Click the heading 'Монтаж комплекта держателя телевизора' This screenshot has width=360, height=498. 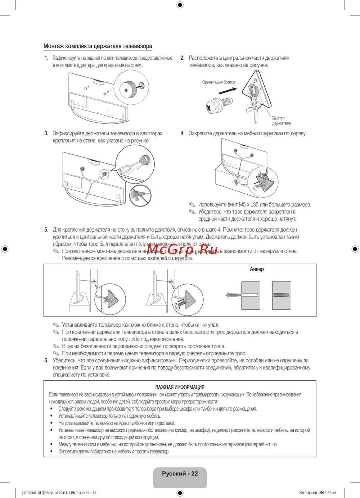(x=98, y=46)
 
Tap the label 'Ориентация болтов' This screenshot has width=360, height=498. (x=219, y=82)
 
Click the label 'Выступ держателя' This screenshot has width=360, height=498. (x=281, y=121)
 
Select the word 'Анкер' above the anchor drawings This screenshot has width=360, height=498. (x=257, y=269)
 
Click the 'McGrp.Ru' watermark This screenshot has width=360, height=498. (x=182, y=249)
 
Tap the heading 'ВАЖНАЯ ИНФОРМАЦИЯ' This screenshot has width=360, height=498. (x=180, y=387)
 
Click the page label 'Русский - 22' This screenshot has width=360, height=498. (x=180, y=474)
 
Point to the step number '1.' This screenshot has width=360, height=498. (x=46, y=58)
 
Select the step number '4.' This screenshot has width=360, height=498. (x=183, y=133)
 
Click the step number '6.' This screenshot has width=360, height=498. (x=46, y=361)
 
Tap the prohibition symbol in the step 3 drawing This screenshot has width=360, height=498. (x=140, y=196)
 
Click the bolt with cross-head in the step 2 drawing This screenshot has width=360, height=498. (x=215, y=105)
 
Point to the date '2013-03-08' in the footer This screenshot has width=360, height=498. (x=308, y=493)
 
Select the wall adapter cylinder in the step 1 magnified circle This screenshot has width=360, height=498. (x=127, y=88)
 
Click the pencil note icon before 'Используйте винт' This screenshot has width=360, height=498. (x=193, y=205)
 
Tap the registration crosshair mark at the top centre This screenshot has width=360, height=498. (x=180, y=5)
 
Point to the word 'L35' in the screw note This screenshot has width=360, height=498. (x=256, y=205)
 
